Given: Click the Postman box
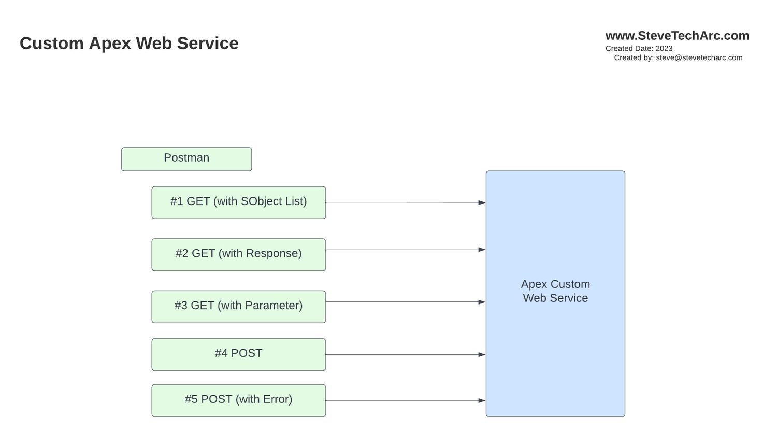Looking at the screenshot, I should pos(186,159).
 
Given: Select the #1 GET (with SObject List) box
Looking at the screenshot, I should pos(238,202).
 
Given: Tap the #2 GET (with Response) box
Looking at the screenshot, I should pos(238,254).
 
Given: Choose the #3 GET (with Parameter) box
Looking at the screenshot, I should pos(238,307).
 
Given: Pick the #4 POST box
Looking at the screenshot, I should pos(238,354).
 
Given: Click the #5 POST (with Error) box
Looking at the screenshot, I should pos(238,400).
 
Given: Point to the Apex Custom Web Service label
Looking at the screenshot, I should pos(555,291).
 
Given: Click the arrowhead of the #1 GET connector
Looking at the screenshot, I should pos(482,202).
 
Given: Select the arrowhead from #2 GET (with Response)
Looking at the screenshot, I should pos(482,250).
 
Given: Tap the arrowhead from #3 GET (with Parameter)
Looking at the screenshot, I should pos(482,302).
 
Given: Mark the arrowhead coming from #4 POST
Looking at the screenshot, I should pos(482,355).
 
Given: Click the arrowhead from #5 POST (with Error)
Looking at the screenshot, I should pos(482,400).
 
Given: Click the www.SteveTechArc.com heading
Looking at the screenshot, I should pos(677,36).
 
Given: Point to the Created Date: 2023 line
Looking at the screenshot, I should pos(639,48).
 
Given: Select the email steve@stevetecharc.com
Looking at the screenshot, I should pos(699,57).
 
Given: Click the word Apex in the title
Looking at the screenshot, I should pos(106,44).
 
